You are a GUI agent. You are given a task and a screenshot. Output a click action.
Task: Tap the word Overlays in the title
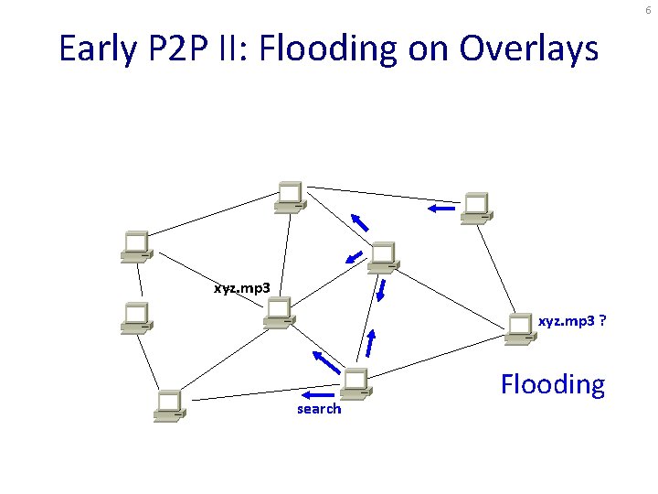(x=529, y=48)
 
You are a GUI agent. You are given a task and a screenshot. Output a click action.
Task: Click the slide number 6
(x=648, y=8)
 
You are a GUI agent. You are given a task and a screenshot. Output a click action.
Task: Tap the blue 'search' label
(x=319, y=409)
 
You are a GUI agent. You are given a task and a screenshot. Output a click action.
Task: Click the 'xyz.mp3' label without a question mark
(x=241, y=288)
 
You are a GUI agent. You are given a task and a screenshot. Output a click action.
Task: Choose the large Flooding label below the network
(x=553, y=384)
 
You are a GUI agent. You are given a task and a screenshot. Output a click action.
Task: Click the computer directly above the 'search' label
(x=355, y=382)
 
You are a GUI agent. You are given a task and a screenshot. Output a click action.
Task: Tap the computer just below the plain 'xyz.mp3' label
(x=278, y=312)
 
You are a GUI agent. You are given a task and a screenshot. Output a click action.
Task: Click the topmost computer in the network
(x=291, y=197)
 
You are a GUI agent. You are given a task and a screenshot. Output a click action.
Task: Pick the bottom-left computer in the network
(x=169, y=404)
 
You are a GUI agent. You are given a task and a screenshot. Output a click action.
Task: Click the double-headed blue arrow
(x=382, y=290)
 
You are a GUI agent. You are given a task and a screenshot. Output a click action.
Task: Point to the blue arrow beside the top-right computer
(x=440, y=209)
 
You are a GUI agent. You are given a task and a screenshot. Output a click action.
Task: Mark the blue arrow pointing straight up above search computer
(x=370, y=343)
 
